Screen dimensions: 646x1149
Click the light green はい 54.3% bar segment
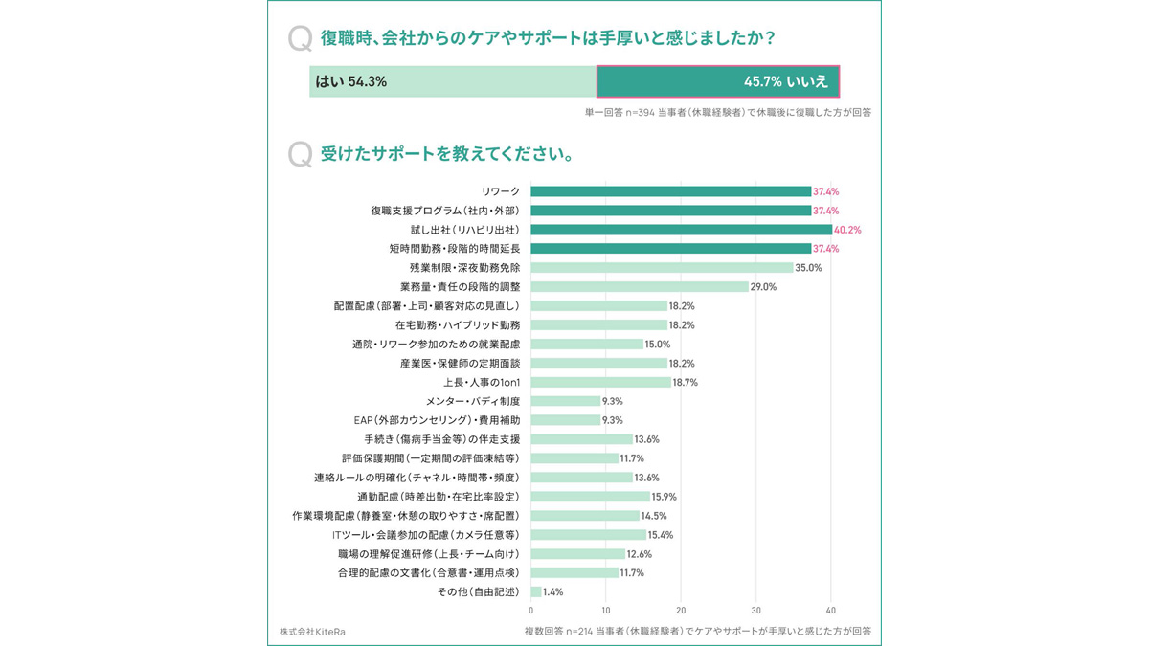[452, 81]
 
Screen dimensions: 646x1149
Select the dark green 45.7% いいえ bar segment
[718, 81]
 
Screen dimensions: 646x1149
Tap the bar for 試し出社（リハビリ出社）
[681, 230]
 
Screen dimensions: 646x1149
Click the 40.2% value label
[848, 230]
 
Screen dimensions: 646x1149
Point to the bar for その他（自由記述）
[536, 591]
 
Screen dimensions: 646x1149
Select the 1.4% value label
[553, 591]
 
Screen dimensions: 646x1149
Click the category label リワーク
[501, 191]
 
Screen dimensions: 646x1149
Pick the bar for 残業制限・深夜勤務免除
[662, 268]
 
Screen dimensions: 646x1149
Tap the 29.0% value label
[763, 287]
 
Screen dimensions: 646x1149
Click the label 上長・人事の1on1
[482, 382]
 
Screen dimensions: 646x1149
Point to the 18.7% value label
[686, 382]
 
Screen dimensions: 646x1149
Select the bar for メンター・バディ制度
[565, 401]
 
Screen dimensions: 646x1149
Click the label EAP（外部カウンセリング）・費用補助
[437, 420]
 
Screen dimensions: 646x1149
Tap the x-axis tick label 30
[755, 610]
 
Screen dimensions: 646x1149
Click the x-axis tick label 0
[531, 610]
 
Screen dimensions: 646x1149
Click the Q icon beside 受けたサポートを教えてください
[300, 153]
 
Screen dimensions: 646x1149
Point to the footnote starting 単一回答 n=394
[728, 112]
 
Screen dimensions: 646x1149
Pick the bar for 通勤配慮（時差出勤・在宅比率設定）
[590, 497]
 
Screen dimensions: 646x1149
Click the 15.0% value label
[658, 344]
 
